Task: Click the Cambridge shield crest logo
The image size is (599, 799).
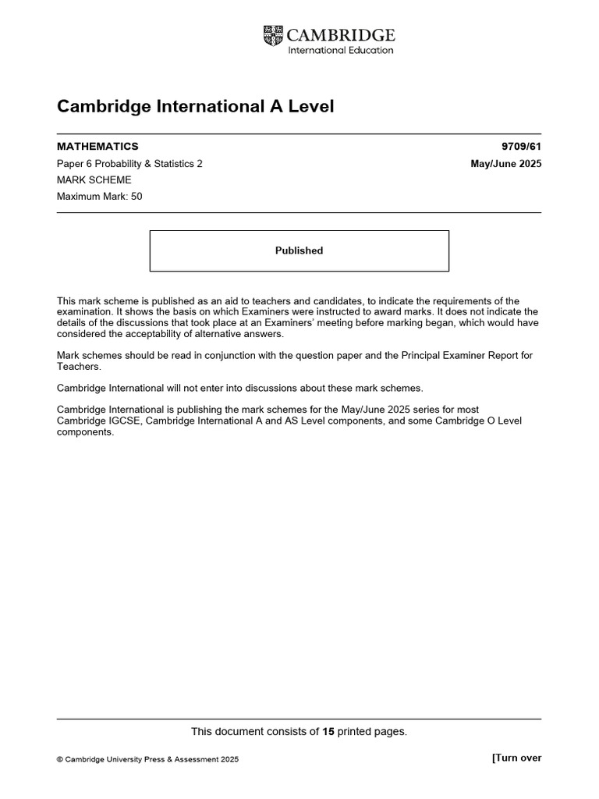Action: coord(274,35)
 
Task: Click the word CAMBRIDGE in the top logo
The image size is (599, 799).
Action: coord(341,35)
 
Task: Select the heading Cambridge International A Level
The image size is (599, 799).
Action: coord(195,106)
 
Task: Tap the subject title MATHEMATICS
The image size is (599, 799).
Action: coord(97,147)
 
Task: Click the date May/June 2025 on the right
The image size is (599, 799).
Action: coord(505,164)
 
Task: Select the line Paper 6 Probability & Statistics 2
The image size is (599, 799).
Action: coord(129,164)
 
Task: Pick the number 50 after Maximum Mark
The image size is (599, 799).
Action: coord(136,197)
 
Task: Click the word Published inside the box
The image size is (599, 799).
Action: coord(299,250)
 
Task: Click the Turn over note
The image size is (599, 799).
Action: coord(516,758)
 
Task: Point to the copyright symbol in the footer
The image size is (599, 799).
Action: coord(60,759)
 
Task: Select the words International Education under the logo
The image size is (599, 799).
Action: coord(341,51)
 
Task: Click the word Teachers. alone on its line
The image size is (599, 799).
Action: coord(79,366)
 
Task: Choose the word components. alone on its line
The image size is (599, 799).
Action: coord(85,431)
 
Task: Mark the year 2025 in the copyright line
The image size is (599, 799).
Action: coord(229,759)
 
